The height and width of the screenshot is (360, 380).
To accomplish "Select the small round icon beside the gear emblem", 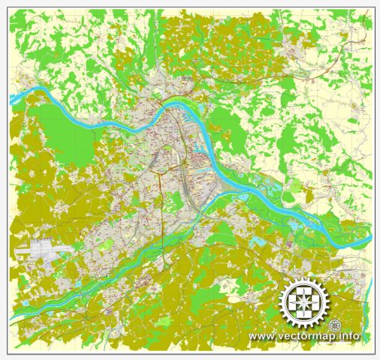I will pyautogui.click(x=335, y=325).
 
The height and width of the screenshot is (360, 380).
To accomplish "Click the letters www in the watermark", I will pyautogui.click(x=261, y=336).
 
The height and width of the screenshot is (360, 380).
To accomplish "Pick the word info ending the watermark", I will pyautogui.click(x=348, y=336).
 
